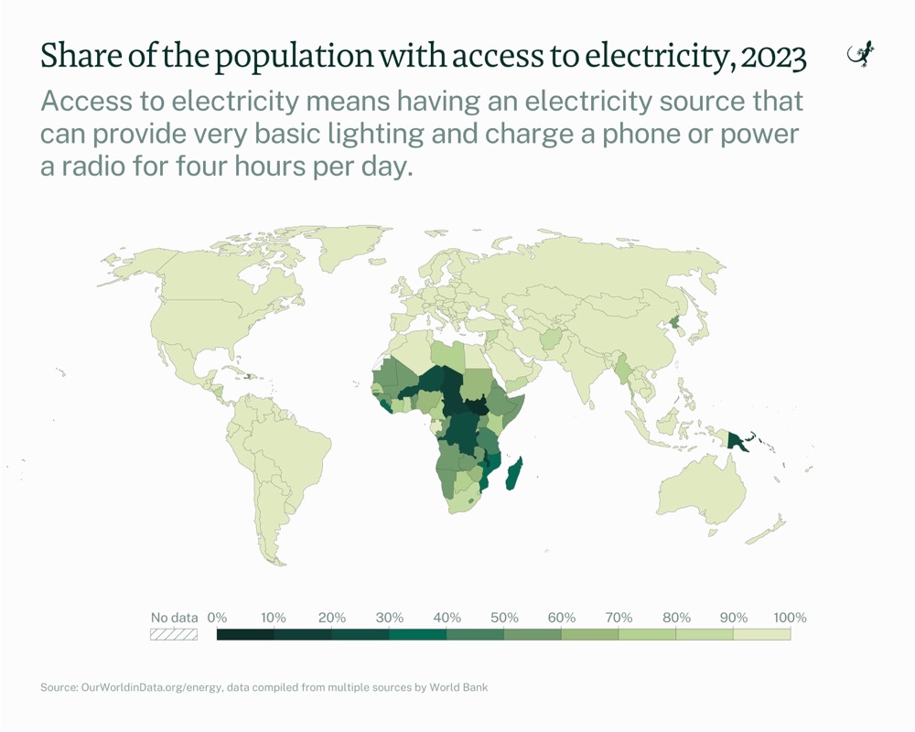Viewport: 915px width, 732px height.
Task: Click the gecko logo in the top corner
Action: (x=862, y=56)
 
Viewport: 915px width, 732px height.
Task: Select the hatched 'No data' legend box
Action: (x=174, y=633)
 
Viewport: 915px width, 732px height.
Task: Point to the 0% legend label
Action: (x=217, y=617)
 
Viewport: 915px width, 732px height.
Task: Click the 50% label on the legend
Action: (x=504, y=617)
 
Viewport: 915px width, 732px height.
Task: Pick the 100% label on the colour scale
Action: (x=789, y=617)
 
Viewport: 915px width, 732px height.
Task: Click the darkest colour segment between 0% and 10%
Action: (x=245, y=633)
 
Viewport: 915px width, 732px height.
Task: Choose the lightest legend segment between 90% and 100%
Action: (x=761, y=633)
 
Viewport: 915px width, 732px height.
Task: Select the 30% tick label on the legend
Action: (x=389, y=617)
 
